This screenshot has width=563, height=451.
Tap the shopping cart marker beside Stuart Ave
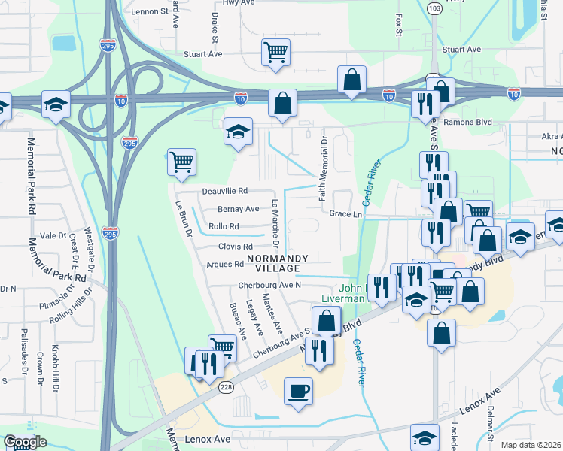click(x=276, y=53)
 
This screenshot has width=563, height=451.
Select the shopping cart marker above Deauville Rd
click(x=182, y=162)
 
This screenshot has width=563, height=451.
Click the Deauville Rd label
click(x=225, y=192)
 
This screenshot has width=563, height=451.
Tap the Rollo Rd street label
click(x=224, y=226)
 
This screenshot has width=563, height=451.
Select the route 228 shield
click(x=225, y=386)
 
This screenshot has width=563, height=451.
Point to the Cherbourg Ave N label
click(x=269, y=286)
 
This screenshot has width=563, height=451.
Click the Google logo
click(x=26, y=442)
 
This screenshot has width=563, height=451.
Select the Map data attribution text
click(x=529, y=445)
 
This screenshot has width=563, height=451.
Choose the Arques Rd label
click(x=224, y=265)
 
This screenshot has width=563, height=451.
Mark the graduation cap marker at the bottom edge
click(x=425, y=437)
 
